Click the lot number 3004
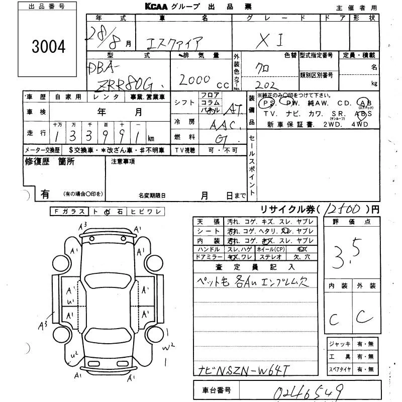(x=49, y=47)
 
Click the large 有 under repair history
(x=45, y=193)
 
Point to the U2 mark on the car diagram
(x=75, y=355)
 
